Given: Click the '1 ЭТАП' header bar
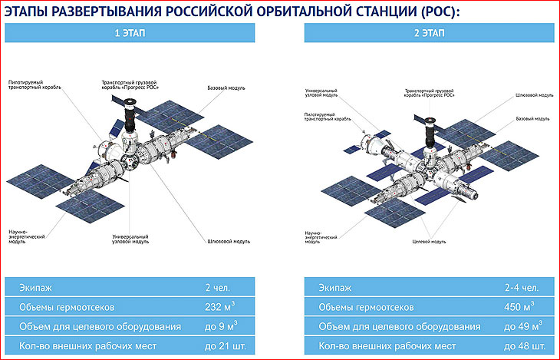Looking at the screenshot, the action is [x=130, y=33].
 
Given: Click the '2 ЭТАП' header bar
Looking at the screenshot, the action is [x=430, y=33].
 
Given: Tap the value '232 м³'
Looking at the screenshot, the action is [x=219, y=306].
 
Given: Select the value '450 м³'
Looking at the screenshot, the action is [x=519, y=306].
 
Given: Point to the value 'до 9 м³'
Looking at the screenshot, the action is [x=221, y=326].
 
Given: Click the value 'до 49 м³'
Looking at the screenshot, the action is [x=523, y=326].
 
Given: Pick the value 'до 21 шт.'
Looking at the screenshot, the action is [x=226, y=346].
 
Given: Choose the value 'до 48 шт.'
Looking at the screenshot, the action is [x=525, y=346].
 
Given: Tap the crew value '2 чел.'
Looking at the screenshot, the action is [x=218, y=287].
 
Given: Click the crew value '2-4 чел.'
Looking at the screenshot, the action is [x=522, y=287].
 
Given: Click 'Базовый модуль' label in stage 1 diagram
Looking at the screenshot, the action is [x=226, y=88].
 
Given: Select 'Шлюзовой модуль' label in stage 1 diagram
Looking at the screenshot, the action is [x=229, y=241].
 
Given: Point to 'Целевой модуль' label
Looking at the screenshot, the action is [x=429, y=242].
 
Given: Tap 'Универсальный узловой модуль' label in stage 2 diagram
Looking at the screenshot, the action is [x=321, y=93].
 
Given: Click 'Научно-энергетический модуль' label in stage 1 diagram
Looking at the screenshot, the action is [x=27, y=236].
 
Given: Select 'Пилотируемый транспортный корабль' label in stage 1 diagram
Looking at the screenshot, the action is [x=35, y=84].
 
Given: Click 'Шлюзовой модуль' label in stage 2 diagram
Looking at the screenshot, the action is [x=534, y=95].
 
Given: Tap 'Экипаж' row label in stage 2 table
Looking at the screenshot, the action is [x=335, y=288].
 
